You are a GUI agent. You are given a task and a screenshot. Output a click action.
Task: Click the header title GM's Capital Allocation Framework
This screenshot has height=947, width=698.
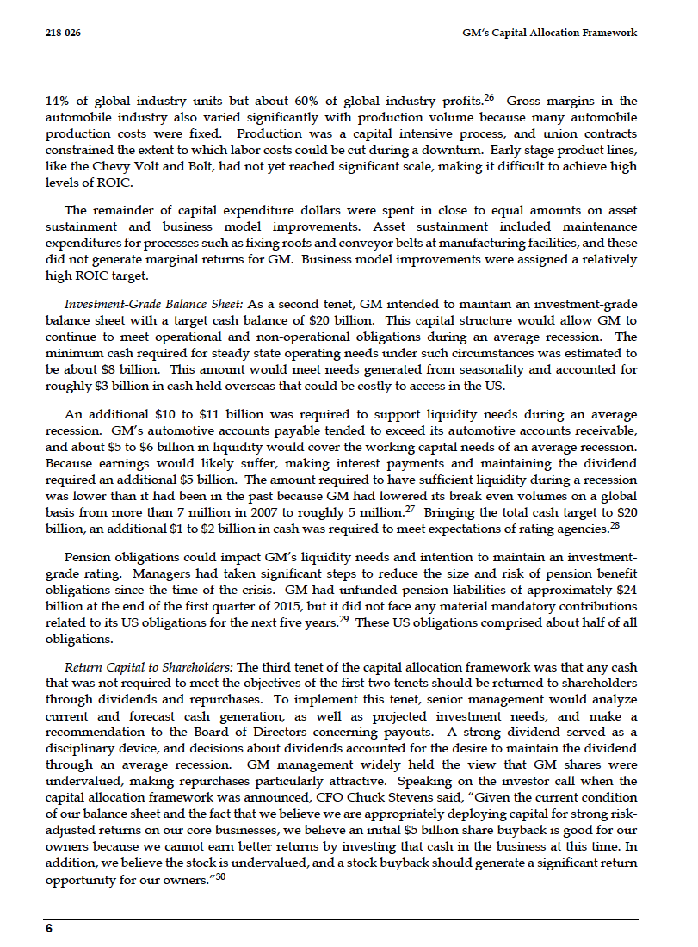(x=549, y=33)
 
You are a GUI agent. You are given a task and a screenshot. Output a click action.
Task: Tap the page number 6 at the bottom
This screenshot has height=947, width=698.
(x=49, y=929)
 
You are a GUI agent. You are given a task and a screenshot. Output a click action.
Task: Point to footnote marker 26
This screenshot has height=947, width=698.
(x=487, y=97)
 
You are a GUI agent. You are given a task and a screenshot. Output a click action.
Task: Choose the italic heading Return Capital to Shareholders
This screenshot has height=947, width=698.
(x=149, y=667)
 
